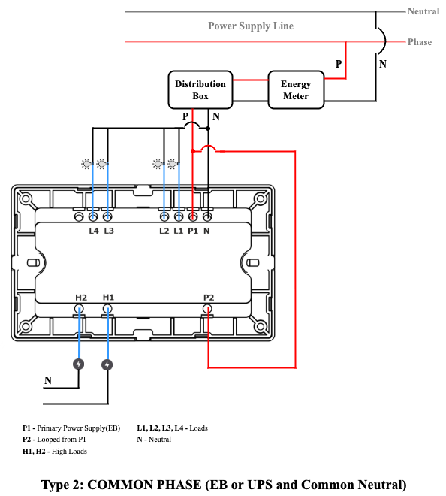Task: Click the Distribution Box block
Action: (x=200, y=90)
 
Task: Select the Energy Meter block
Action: (x=296, y=90)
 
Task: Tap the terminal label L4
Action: (x=94, y=231)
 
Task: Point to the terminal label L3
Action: (x=109, y=231)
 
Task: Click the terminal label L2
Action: (x=164, y=231)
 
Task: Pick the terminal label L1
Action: (x=178, y=231)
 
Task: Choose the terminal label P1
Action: (x=193, y=231)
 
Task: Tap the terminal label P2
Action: (x=209, y=298)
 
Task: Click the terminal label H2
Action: (x=81, y=298)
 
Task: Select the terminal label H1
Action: (x=108, y=298)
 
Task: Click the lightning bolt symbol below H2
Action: (x=79, y=364)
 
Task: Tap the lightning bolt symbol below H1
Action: (x=107, y=364)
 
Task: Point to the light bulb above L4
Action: (x=86, y=164)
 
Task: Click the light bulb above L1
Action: (x=173, y=164)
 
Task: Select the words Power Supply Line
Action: (x=251, y=26)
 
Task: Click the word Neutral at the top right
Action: (x=423, y=11)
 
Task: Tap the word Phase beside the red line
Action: (x=420, y=42)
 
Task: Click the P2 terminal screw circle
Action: (x=207, y=309)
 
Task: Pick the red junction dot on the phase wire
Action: (x=193, y=151)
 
